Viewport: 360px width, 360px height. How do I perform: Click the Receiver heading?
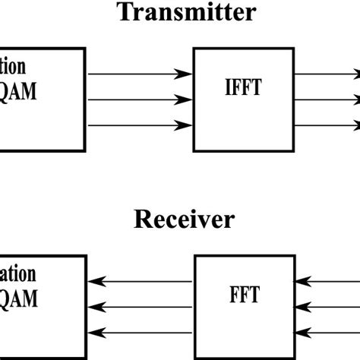[x=185, y=219]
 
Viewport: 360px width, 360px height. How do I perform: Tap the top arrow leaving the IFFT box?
[x=327, y=74]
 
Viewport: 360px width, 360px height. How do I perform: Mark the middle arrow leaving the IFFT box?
[x=327, y=99]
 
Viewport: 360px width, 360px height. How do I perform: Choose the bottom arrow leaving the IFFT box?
[x=327, y=125]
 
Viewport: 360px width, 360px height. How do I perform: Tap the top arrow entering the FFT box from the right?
[x=327, y=281]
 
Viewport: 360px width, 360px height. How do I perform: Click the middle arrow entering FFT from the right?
[x=327, y=306]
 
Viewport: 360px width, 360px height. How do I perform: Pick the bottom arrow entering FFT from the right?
[x=327, y=332]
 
